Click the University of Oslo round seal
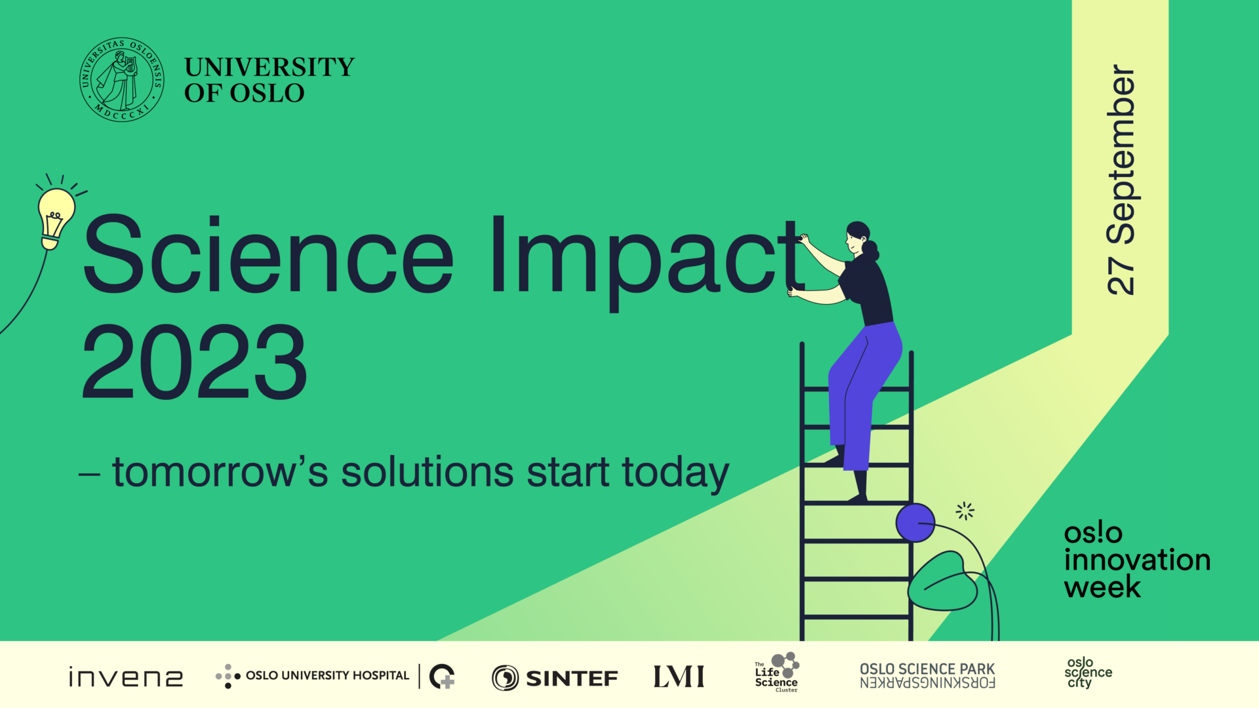(121, 79)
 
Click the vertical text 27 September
(1121, 180)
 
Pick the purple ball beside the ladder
(915, 522)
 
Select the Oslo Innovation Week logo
(1136, 560)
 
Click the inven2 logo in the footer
(126, 677)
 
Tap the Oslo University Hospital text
(327, 675)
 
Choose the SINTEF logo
(555, 678)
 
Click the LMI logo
(679, 677)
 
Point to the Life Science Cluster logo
(777, 673)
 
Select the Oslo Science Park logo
(927, 676)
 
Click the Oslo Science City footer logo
(1087, 673)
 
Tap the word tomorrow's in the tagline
(220, 472)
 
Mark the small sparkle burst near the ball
(965, 511)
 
